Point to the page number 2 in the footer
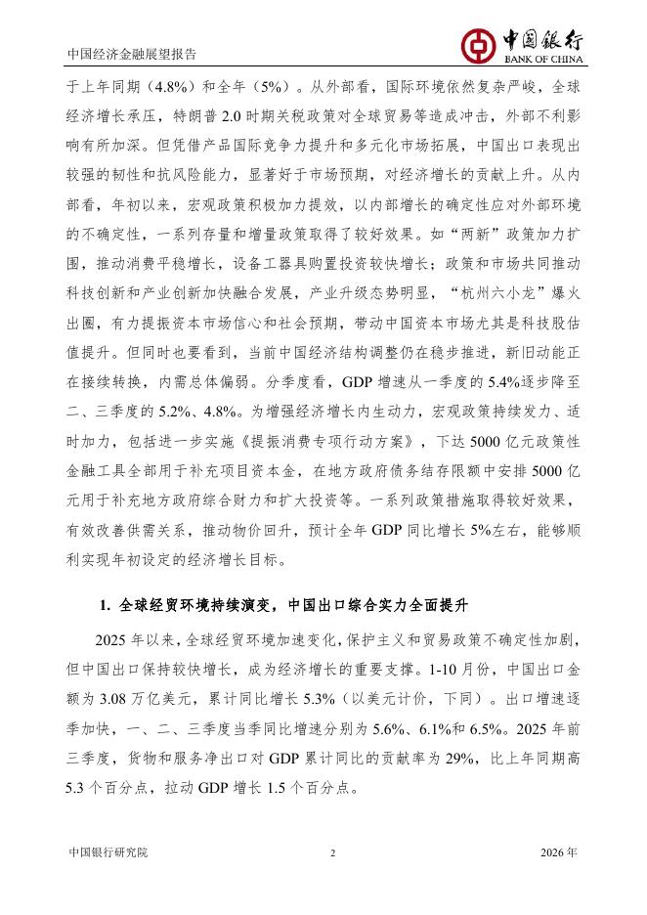(332, 852)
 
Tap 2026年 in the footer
(559, 852)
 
